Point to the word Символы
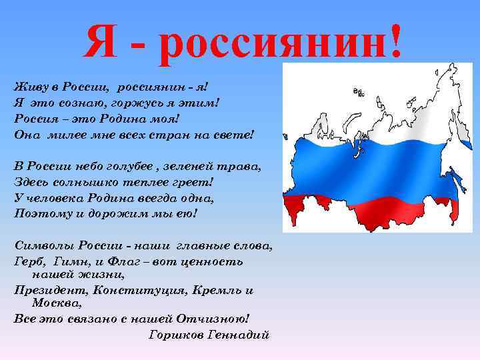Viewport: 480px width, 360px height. pos(39,245)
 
